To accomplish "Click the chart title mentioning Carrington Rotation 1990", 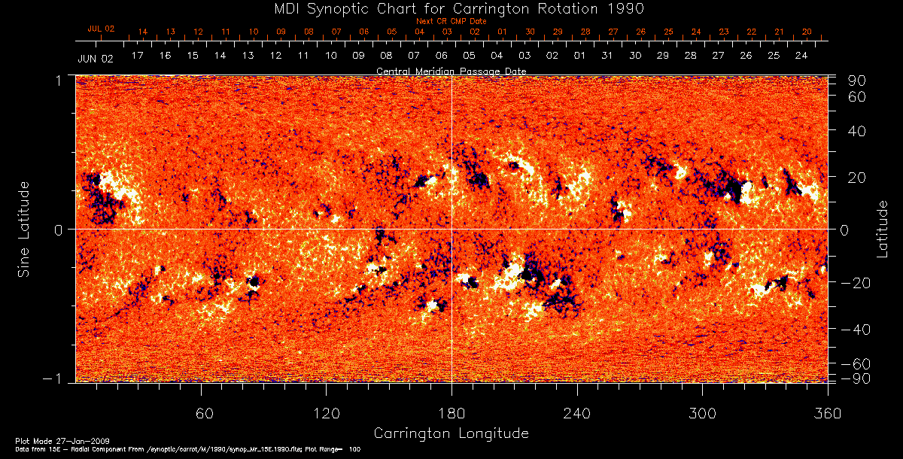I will click(x=451, y=8).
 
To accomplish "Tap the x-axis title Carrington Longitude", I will click(x=451, y=433).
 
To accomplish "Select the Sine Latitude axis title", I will click(x=23, y=228).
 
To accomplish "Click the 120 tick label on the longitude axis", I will click(x=327, y=413).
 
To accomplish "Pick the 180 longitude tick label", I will click(x=451, y=413).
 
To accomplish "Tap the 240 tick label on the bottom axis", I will click(x=577, y=413).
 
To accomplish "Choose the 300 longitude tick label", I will click(x=702, y=413).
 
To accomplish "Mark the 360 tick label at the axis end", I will click(x=827, y=413).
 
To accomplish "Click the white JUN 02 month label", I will click(x=96, y=58).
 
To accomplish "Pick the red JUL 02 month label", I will click(x=101, y=29).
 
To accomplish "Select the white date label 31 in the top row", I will click(x=607, y=56).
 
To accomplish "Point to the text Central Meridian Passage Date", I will click(x=451, y=71).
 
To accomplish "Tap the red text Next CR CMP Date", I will click(x=451, y=21).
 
